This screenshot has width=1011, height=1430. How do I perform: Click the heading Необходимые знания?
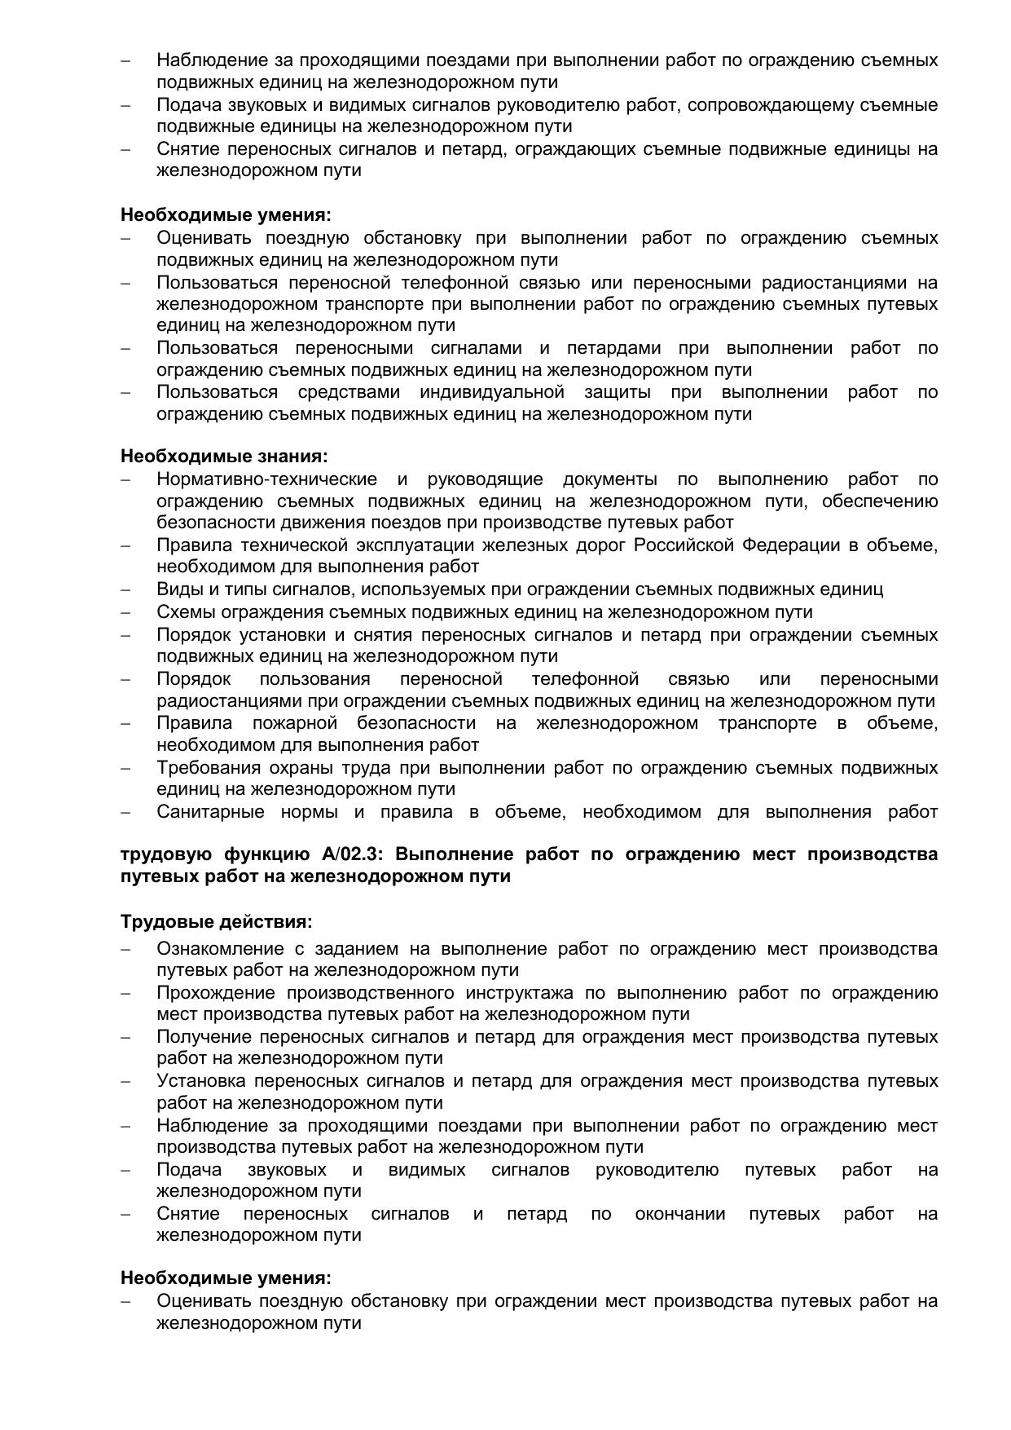224,457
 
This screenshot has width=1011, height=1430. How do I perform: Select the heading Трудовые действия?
217,922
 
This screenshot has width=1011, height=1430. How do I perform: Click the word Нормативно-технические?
266,479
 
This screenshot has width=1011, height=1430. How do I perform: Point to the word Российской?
684,545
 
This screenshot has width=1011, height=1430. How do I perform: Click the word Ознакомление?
214,949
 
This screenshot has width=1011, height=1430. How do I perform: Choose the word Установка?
200,1081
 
